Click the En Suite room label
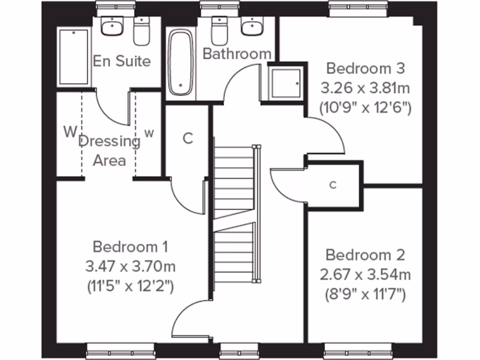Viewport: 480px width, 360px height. coord(121,61)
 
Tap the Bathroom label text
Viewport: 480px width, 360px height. coord(237,53)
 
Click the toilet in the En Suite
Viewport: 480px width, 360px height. coord(141,32)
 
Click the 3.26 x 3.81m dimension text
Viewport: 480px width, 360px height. coord(365,88)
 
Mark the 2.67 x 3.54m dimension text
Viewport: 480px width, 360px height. coord(365,275)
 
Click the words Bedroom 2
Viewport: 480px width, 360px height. coord(365,255)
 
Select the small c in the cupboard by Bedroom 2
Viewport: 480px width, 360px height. coord(333,185)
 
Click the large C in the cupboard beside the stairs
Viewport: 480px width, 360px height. coord(187,138)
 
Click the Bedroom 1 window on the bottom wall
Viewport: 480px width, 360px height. coord(120,351)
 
